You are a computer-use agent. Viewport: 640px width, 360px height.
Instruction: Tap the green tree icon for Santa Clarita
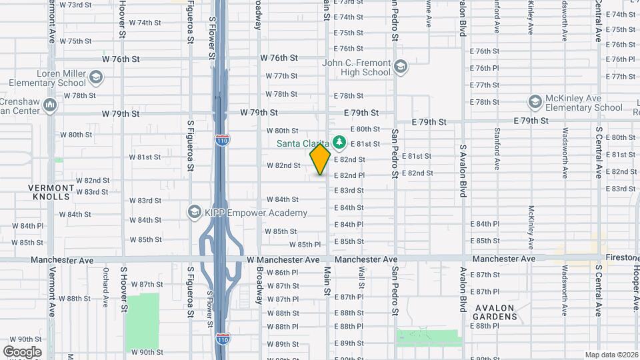pos(339,142)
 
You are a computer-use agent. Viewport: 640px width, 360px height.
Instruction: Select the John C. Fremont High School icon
pos(400,66)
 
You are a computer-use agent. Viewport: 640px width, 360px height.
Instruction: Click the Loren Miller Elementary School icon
pos(96,78)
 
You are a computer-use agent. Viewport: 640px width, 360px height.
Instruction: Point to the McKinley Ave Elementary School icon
pos(534,102)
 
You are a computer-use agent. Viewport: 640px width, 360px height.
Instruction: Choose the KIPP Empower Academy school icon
pos(195,211)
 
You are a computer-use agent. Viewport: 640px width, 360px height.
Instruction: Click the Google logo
pos(22,351)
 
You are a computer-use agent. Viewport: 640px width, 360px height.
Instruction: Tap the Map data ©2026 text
pos(611,355)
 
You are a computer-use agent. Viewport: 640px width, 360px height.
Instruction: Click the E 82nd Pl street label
pos(349,175)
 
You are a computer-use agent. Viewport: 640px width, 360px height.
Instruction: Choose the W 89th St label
pos(282,344)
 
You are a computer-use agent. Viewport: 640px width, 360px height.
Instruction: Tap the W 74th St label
pos(145,23)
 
